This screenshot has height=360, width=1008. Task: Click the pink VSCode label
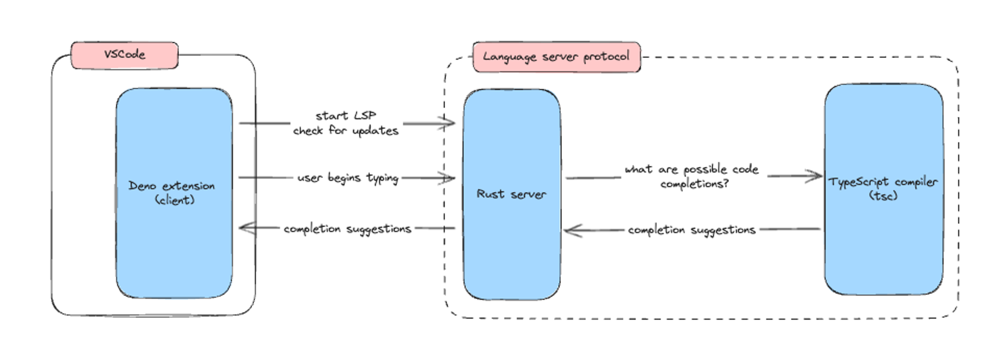(124, 55)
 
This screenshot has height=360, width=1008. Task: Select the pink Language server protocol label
(556, 57)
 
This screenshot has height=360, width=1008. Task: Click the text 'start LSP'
(346, 115)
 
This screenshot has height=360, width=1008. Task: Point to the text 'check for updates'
(346, 131)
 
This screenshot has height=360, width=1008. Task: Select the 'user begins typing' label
(348, 178)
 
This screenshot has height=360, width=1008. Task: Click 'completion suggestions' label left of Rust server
(347, 229)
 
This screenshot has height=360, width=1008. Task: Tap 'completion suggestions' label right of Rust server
(691, 230)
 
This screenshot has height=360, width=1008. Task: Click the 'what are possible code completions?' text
(692, 176)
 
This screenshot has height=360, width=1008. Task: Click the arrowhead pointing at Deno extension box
(244, 228)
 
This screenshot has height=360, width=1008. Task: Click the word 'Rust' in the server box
(490, 194)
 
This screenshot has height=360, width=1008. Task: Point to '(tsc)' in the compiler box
(883, 196)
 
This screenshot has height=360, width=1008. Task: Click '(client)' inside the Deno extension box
(174, 200)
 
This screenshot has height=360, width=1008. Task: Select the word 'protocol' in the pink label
(606, 56)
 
